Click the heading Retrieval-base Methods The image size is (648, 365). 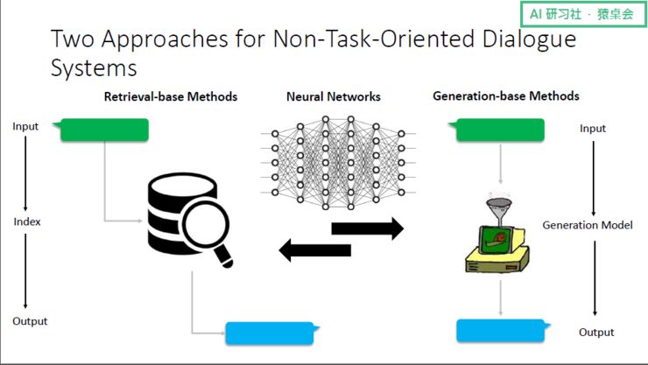pyautogui.click(x=171, y=96)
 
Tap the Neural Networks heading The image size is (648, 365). pyautogui.click(x=333, y=96)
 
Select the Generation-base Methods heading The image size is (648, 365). pyautogui.click(x=506, y=95)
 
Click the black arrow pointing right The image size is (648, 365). pyautogui.click(x=367, y=229)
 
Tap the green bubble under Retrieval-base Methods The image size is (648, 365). pyautogui.click(x=102, y=130)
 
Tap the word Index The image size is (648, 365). pyautogui.click(x=27, y=221)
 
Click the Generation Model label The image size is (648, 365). pyautogui.click(x=588, y=225)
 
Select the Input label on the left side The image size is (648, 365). pyautogui.click(x=25, y=126)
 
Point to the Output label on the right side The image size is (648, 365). pyautogui.click(x=596, y=333)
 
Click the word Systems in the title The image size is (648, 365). pyautogui.click(x=94, y=67)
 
